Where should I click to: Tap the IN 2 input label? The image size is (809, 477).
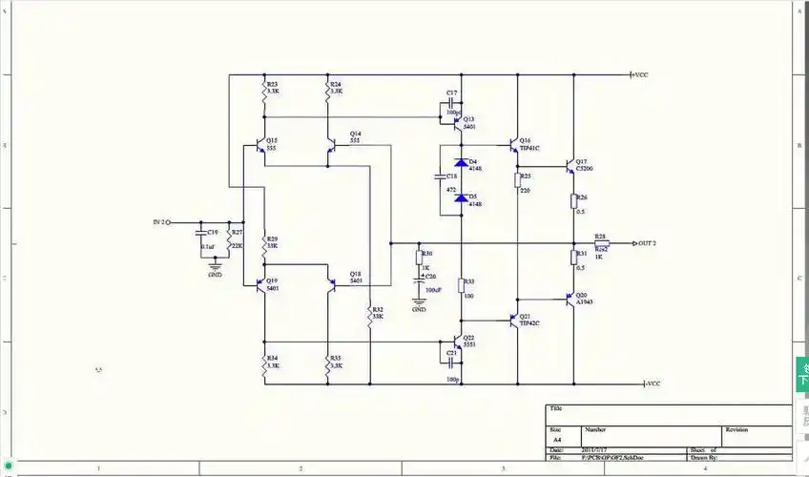pyautogui.click(x=158, y=222)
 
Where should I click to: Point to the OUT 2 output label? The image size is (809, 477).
pyautogui.click(x=649, y=243)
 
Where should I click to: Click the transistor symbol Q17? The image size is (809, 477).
pyautogui.click(x=570, y=165)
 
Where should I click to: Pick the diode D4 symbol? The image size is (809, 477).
pyautogui.click(x=461, y=162)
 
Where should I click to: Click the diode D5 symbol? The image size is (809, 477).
pyautogui.click(x=461, y=197)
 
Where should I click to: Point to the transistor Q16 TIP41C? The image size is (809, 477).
pyautogui.click(x=515, y=146)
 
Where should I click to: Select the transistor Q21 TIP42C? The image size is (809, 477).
pyautogui.click(x=515, y=321)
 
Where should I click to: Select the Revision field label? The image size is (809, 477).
pyautogui.click(x=736, y=430)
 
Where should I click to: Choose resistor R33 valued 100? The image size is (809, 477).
pyautogui.click(x=461, y=284)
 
